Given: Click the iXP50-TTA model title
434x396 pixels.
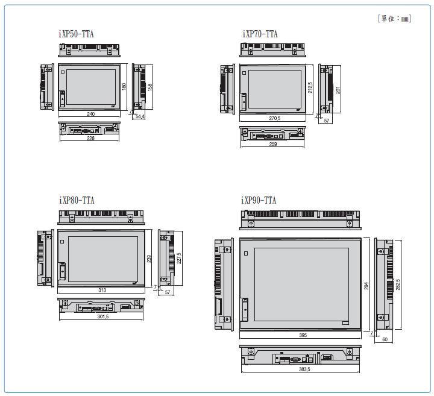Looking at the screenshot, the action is [76, 34].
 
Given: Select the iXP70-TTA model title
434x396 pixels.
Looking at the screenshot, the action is [260, 34].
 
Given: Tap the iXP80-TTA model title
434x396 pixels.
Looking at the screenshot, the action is [77, 200].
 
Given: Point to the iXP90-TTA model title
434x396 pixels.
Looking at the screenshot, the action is [259, 200].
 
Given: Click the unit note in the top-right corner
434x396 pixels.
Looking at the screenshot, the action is [395, 19].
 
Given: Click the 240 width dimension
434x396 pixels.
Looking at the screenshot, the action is [91, 114].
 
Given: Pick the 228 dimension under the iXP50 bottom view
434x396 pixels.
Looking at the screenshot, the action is [90, 138].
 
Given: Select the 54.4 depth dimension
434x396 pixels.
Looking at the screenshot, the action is [140, 116].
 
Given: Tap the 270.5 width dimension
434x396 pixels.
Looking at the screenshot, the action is [275, 118].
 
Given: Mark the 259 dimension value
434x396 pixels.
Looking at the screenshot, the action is [273, 144].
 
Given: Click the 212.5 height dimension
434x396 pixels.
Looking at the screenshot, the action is [310, 87].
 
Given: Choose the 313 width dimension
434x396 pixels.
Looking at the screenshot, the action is [102, 290].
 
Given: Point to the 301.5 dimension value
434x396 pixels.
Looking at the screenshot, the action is [103, 316].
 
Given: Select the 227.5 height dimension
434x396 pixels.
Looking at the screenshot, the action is [179, 258].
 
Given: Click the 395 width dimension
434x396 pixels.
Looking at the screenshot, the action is [303, 335].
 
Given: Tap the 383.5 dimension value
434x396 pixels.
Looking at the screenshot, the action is [304, 369].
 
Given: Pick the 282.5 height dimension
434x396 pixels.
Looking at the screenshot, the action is [398, 284].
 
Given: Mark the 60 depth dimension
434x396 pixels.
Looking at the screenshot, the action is [385, 339].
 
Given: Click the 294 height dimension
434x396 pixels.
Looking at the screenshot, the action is [366, 286].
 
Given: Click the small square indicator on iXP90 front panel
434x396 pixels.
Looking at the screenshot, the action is [246, 253].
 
